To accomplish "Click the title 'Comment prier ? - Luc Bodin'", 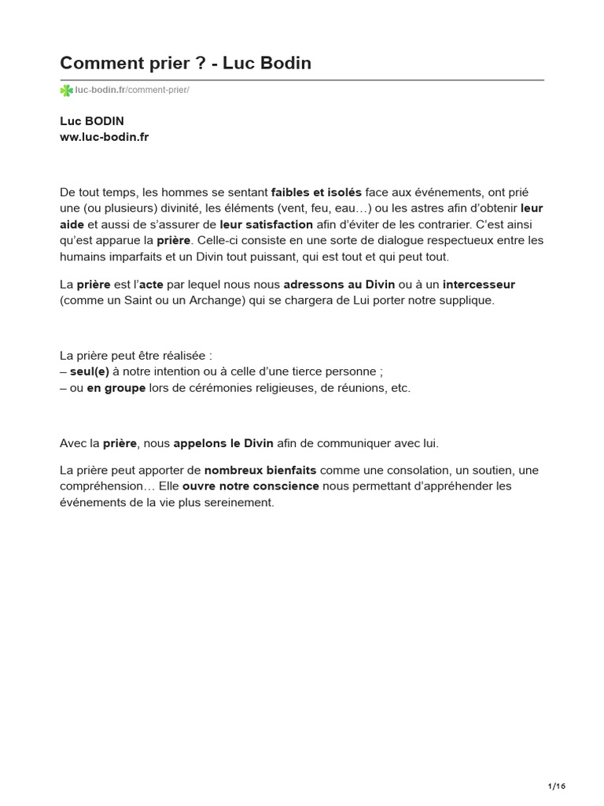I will coord(186,64).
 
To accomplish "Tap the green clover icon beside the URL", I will coord(66,91).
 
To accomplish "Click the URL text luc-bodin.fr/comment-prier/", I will coord(132,91).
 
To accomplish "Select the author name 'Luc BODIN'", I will coord(92,120).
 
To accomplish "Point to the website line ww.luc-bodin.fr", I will coord(105,136).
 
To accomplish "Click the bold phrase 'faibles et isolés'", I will coord(316,192).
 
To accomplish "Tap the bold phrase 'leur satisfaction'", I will coord(267,224).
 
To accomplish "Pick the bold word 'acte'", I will coord(151,284).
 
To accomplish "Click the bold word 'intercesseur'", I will coord(479,284).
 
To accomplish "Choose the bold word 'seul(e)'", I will coord(90,372).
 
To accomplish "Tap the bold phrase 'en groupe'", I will coord(116,388).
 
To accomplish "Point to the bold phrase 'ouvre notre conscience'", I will coord(251,486).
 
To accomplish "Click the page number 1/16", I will coord(556,786).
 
